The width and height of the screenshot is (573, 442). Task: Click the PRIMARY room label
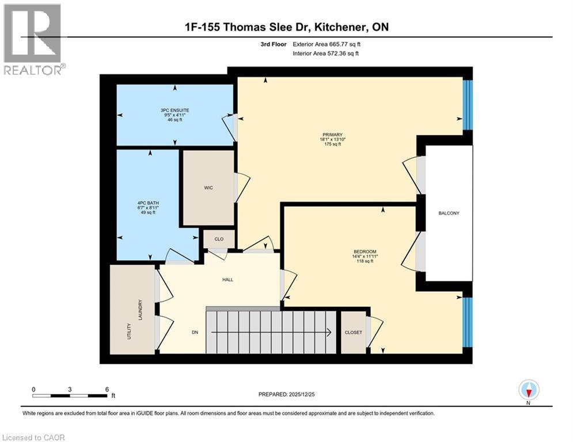(332, 134)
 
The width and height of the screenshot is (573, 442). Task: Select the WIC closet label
(208, 188)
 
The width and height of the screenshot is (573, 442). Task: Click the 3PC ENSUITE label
(176, 109)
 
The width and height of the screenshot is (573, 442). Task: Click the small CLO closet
(219, 239)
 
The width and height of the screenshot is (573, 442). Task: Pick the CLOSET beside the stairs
(352, 333)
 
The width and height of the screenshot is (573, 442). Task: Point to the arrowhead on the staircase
(329, 332)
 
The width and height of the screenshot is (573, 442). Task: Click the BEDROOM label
(365, 252)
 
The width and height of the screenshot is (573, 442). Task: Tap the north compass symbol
(528, 390)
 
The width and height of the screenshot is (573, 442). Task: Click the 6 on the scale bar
(107, 390)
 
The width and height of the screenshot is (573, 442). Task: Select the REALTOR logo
(33, 39)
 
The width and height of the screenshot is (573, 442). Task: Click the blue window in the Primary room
(468, 105)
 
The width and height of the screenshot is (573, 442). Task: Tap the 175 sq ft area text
(332, 144)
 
